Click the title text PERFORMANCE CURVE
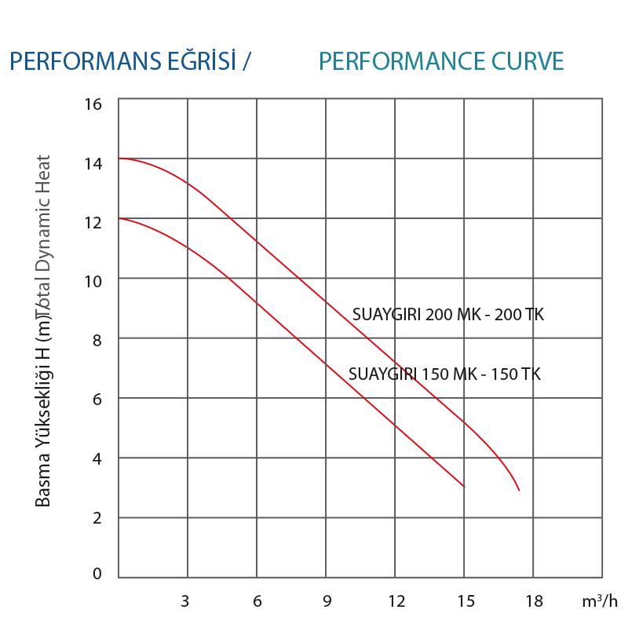(x=442, y=61)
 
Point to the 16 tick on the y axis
(x=93, y=104)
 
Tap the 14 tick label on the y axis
(x=93, y=163)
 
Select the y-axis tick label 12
(x=93, y=222)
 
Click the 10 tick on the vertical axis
(x=93, y=281)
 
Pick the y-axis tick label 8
(x=97, y=340)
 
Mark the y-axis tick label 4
(x=97, y=458)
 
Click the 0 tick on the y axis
(x=97, y=574)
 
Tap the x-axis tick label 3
(x=186, y=601)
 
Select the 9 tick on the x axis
(x=325, y=601)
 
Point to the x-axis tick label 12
(x=396, y=601)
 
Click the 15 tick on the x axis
(x=466, y=601)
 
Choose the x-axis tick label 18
(x=534, y=601)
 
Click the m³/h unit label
(x=601, y=601)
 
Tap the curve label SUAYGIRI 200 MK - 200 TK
(x=447, y=315)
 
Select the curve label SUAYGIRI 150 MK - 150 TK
(x=444, y=374)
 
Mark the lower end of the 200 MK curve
(x=519, y=490)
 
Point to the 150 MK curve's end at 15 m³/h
(x=464, y=486)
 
